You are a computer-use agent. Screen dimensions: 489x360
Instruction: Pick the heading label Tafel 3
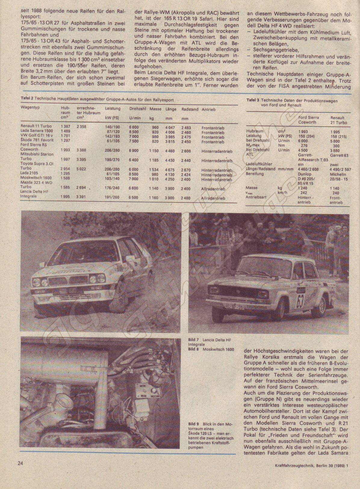point(253,100)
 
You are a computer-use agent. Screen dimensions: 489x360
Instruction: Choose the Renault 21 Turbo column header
point(339,120)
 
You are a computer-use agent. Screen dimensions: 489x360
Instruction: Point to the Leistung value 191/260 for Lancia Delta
point(113,198)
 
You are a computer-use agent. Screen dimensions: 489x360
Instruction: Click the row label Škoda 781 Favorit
point(37,140)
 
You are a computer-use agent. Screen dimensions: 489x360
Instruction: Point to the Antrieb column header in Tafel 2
point(208,109)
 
